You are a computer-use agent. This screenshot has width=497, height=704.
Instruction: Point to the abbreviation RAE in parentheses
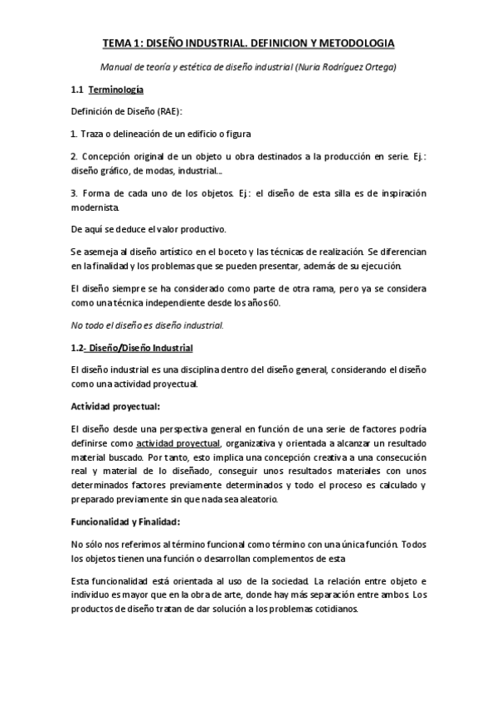click(166, 110)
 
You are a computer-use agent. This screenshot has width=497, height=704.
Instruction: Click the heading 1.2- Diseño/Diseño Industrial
click(138, 346)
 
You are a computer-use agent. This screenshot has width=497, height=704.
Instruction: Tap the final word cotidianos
click(330, 609)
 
